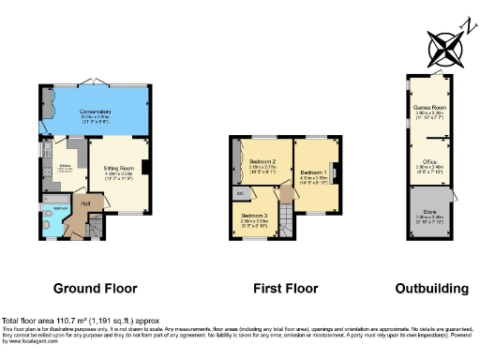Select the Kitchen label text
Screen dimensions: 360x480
tap(65, 165)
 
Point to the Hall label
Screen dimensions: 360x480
tap(85, 202)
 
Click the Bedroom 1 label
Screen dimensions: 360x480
tap(313, 172)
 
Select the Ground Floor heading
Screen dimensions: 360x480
tap(95, 288)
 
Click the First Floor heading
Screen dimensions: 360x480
tap(280, 288)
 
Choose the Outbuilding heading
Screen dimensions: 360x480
tap(427, 288)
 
